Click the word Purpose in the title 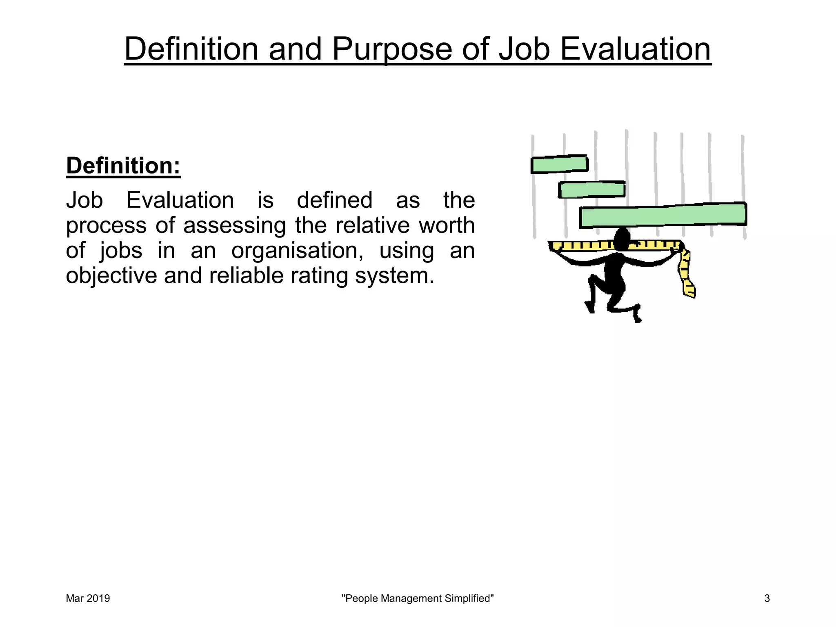pos(392,50)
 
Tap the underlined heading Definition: pos(123,166)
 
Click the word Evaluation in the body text pos(180,200)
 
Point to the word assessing pos(234,226)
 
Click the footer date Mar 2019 pos(88,598)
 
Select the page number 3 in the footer pos(767,598)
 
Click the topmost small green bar pos(559,165)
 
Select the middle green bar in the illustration pos(591,190)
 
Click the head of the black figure pos(622,239)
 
